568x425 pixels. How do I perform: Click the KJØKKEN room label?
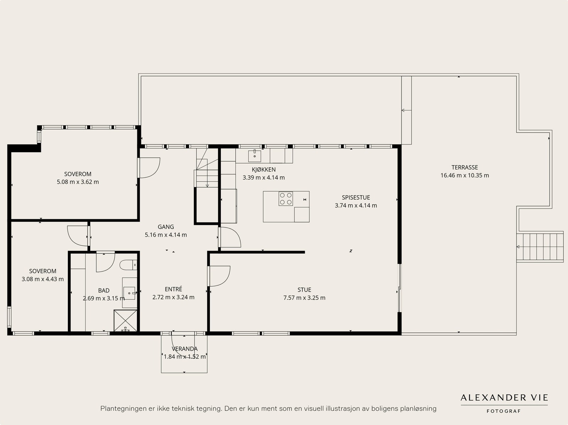click(264, 170)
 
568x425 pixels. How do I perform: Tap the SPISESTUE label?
click(356, 198)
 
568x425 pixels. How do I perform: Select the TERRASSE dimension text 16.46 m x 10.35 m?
click(465, 175)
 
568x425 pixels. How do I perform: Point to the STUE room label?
click(304, 290)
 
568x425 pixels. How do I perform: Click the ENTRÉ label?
click(173, 289)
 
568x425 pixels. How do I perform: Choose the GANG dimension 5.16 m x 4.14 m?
click(166, 235)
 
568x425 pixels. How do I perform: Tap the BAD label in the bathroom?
click(104, 291)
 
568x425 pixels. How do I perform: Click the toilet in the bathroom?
click(129, 265)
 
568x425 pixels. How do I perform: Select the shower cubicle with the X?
click(126, 321)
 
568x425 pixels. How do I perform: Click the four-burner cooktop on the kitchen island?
click(286, 199)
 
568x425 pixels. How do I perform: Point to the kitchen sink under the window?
click(255, 156)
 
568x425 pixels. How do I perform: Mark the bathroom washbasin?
click(129, 293)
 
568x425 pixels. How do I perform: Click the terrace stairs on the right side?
click(540, 247)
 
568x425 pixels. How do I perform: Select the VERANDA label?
click(185, 349)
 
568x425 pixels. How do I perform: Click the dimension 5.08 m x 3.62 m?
click(78, 182)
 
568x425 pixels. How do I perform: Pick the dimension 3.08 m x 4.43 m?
click(43, 279)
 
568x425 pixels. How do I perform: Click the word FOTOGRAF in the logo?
click(503, 411)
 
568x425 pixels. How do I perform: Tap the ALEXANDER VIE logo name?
click(504, 398)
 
